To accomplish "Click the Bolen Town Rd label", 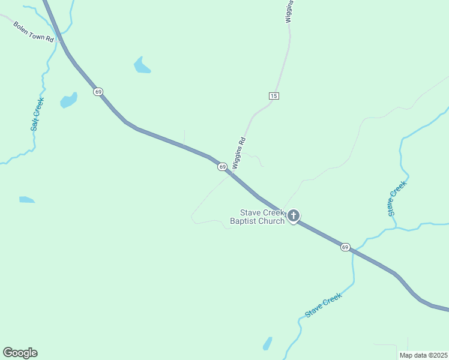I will coord(34,31).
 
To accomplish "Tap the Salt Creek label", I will coord(38,114).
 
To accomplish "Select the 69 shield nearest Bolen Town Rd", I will coord(98,92).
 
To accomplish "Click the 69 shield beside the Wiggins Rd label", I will coord(222,166).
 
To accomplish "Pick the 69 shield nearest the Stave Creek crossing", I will coord(345,247).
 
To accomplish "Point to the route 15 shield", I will coord(274,96).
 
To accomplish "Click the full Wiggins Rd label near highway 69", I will coord(239,153).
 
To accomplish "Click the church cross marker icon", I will coord(294,215).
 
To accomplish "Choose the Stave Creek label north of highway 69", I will coord(397,198).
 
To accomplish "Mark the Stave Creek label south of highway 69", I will coord(323,305).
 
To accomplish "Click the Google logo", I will coord(20,353).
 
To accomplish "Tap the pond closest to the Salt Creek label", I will coord(69,100).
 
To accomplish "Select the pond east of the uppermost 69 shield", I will coord(142,65).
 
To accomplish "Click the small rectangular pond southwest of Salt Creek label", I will coord(26,199).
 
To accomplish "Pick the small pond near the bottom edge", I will coord(267,344).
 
